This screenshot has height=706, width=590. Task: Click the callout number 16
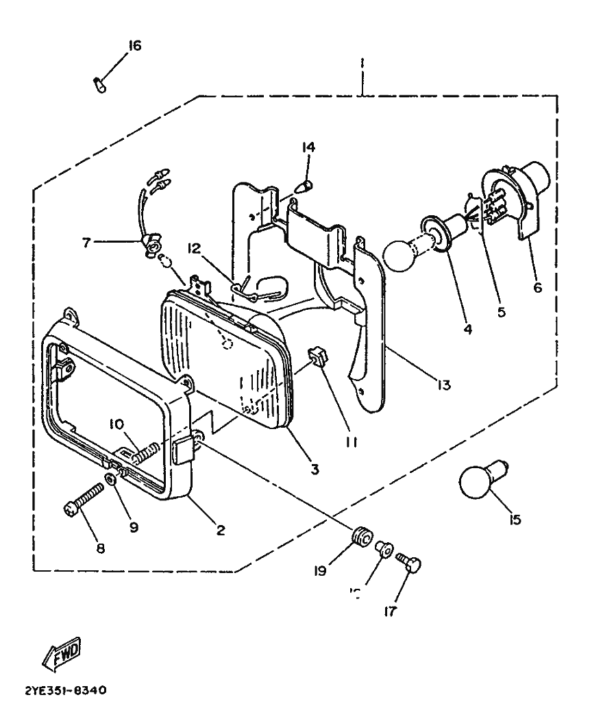(134, 46)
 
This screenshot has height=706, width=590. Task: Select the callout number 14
(308, 147)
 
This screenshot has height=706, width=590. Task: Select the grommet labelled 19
(358, 535)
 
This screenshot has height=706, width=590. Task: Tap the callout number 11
(351, 442)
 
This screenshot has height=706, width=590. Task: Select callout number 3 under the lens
(315, 470)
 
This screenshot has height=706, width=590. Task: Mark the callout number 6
(537, 287)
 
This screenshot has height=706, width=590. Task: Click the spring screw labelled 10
(145, 453)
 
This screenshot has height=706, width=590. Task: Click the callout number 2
(221, 529)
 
